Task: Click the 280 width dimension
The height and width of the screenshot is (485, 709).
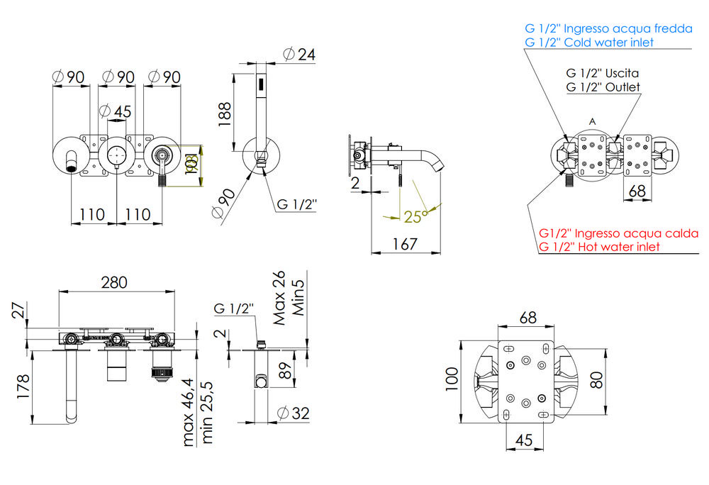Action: pyautogui.click(x=113, y=281)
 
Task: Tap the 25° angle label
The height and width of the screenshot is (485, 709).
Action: pyautogui.click(x=415, y=216)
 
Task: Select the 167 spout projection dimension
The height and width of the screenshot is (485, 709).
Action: pyautogui.click(x=405, y=244)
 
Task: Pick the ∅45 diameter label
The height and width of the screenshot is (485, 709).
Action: pyautogui.click(x=115, y=111)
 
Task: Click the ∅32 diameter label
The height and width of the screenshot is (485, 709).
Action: pyautogui.click(x=293, y=412)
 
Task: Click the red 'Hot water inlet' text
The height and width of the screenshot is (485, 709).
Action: pyautogui.click(x=598, y=247)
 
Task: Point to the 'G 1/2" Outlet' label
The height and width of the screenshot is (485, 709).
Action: pyautogui.click(x=603, y=87)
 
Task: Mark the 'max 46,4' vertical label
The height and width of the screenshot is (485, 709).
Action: pyautogui.click(x=189, y=414)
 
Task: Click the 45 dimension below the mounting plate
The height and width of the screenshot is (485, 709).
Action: pyautogui.click(x=524, y=440)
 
